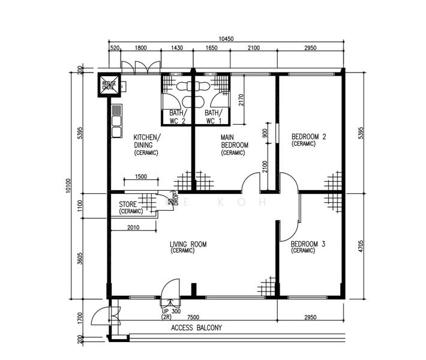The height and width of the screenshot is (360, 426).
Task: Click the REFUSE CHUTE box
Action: tap(109, 85)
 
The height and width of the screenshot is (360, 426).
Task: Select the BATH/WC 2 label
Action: tap(177, 117)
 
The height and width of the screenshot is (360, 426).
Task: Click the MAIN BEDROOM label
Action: tap(234, 145)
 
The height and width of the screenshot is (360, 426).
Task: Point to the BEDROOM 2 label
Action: tap(308, 140)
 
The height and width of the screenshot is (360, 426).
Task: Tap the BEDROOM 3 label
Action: tap(308, 247)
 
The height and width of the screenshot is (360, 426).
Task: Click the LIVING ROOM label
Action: tap(188, 247)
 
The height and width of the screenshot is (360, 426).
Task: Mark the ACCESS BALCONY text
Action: tap(196, 328)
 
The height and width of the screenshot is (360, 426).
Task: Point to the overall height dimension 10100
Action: tap(68, 187)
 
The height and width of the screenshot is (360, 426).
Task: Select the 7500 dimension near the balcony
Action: tap(193, 317)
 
